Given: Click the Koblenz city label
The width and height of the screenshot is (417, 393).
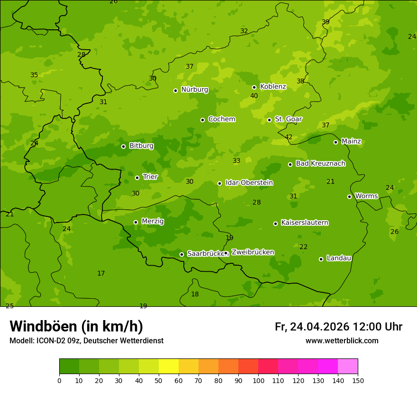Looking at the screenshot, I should click(x=273, y=87).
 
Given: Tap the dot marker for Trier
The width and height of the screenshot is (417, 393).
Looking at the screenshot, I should click(x=137, y=178).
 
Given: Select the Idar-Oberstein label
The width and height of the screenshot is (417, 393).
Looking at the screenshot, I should click(x=249, y=183).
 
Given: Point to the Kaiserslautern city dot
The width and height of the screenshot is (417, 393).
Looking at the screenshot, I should click(x=275, y=223).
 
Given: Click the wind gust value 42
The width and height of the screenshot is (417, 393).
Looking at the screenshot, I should click(x=289, y=137).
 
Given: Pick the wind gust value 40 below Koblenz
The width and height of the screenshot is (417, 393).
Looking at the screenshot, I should click(x=254, y=96).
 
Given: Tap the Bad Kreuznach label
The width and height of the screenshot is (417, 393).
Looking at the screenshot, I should click(x=320, y=163).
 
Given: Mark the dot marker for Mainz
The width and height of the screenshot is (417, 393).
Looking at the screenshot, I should click(x=335, y=142).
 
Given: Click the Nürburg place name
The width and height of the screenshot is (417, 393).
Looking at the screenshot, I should click(x=194, y=89).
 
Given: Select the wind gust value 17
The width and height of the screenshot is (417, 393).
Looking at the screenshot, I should click(x=101, y=274).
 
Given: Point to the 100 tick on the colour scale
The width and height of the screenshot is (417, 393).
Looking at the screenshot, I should click(x=258, y=380).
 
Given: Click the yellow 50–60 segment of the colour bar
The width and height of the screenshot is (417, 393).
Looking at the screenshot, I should click(x=169, y=366).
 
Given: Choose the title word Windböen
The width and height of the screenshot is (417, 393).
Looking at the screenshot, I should click(x=43, y=327).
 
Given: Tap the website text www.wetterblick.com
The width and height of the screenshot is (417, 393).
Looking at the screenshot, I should click(x=342, y=341).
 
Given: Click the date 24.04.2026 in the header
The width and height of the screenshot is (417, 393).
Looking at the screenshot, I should click(x=319, y=327).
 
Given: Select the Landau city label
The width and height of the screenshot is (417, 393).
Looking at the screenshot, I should click(x=339, y=258).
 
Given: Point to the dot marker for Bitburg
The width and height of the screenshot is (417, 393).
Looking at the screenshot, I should click(x=123, y=146).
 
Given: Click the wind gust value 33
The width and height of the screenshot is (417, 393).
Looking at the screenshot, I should click(x=236, y=161).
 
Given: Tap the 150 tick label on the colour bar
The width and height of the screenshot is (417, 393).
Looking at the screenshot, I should click(x=358, y=380).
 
